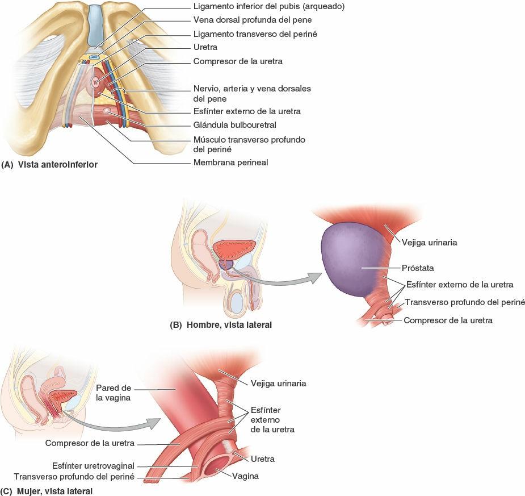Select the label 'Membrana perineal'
(x=230, y=162)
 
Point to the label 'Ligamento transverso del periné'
(x=255, y=34)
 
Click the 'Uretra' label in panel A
(x=205, y=48)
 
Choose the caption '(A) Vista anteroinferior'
(x=49, y=165)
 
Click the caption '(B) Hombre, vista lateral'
(x=221, y=326)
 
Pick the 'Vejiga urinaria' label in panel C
(x=279, y=384)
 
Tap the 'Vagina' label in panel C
(x=245, y=477)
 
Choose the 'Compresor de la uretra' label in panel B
(x=448, y=320)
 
